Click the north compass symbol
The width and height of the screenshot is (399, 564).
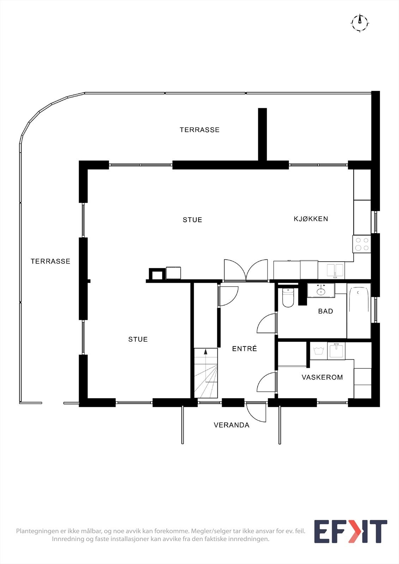pyautogui.click(x=360, y=23)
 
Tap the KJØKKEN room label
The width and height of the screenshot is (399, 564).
pyautogui.click(x=311, y=219)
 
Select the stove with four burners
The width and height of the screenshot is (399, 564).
pyautogui.click(x=362, y=244)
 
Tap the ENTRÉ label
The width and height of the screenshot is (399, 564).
pyautogui.click(x=244, y=349)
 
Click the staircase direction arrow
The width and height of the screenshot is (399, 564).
pyautogui.click(x=206, y=351)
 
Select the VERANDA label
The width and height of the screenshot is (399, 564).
pyautogui.click(x=231, y=425)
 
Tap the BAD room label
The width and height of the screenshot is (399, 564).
pyautogui.click(x=325, y=311)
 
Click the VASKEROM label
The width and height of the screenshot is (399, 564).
pyautogui.click(x=322, y=377)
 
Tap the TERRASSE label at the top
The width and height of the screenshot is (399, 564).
pyautogui.click(x=199, y=130)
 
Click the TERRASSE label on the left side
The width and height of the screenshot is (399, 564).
pyautogui.click(x=50, y=261)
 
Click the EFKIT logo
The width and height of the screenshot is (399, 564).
pyautogui.click(x=350, y=532)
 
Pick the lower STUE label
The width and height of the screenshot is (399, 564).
pyautogui.click(x=138, y=339)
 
